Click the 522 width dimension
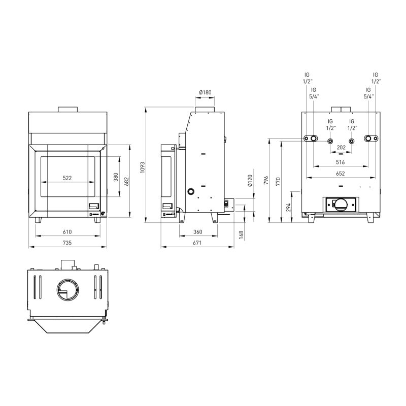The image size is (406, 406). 67,178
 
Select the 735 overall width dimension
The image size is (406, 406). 67,243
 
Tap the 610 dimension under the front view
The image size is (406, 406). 67,232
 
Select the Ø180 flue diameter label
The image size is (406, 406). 205,92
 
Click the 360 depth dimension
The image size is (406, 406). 198,232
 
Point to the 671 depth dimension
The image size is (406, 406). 197,243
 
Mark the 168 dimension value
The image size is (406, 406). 241,234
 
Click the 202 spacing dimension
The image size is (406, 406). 341,148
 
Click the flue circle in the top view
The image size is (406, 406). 67,290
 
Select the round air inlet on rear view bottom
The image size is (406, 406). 341,205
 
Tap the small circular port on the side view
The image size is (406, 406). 191,192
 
